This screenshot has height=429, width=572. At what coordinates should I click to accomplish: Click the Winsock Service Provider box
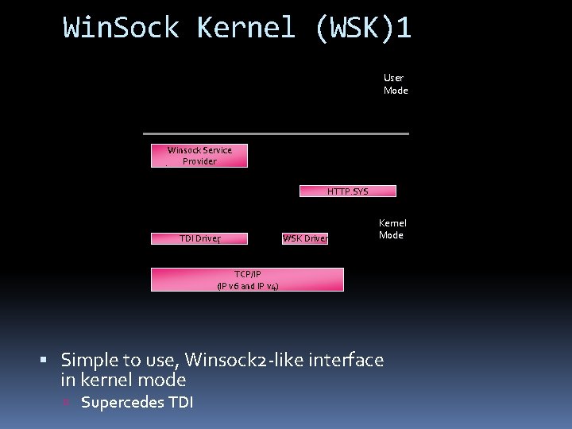click(199, 156)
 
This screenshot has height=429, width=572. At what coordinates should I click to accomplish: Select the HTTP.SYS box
click(347, 191)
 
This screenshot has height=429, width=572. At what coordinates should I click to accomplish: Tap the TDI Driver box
click(200, 238)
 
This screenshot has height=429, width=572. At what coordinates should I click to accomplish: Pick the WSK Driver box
click(305, 238)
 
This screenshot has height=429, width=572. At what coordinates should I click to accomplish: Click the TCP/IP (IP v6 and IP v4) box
click(247, 280)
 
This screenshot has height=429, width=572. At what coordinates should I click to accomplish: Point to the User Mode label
click(395, 84)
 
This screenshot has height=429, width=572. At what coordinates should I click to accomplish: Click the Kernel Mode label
click(392, 229)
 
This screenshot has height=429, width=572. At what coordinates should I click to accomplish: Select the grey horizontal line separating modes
click(276, 133)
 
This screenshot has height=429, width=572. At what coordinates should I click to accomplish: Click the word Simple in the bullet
click(90, 361)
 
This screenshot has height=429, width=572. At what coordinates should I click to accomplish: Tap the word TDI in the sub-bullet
click(180, 402)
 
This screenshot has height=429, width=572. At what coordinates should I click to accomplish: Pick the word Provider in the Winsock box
click(199, 161)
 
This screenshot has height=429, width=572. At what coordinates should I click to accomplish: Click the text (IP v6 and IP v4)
click(247, 286)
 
